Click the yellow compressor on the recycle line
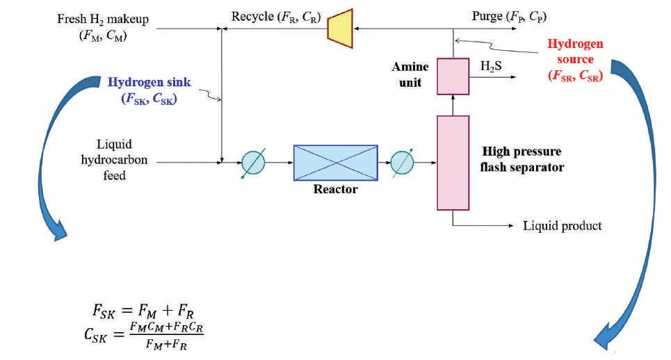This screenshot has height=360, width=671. (341, 29)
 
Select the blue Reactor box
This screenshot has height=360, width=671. (335, 163)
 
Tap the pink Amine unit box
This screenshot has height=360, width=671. (453, 76)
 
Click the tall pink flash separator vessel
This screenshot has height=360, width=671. (453, 162)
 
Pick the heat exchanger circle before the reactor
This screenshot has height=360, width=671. (252, 163)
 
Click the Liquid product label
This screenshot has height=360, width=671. (562, 226)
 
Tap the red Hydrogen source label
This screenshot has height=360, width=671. (575, 60)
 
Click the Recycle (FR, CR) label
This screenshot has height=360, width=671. (286, 16)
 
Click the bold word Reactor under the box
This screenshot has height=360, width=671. (336, 190)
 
